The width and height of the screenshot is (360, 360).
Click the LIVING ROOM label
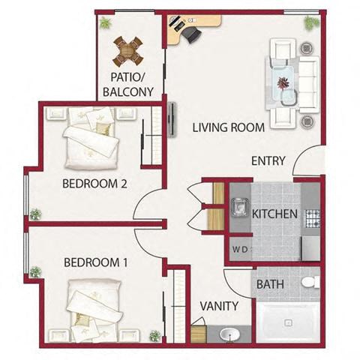[228, 127]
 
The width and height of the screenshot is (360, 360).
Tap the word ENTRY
[268, 160]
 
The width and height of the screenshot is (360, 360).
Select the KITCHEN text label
[274, 214]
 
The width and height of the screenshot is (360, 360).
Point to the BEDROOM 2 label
[94, 184]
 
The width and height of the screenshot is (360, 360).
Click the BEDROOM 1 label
[96, 262]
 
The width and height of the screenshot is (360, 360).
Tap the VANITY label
[219, 306]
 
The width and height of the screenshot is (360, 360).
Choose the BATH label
[270, 284]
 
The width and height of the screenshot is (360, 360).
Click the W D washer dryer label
[240, 249]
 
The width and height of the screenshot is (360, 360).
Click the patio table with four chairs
[127, 52]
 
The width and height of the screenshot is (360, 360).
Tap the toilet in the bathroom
[310, 282]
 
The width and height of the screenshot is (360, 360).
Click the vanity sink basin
[229, 334]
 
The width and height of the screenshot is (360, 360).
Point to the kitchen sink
[239, 207]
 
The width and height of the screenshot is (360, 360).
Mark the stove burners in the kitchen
[312, 219]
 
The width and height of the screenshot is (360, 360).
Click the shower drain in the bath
[288, 322]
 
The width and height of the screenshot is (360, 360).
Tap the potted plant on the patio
[105, 22]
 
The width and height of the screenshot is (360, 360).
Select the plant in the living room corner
[311, 23]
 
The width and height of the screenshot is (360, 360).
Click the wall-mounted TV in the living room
[172, 120]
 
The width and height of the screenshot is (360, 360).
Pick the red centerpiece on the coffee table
[283, 82]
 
